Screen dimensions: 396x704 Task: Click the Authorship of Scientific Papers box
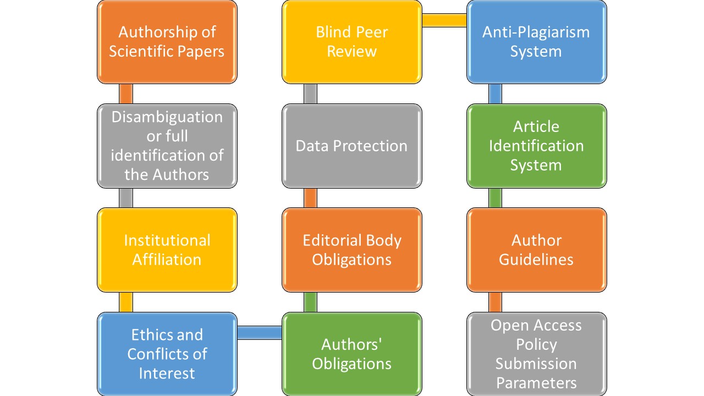(x=167, y=42)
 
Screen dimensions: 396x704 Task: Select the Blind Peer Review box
(x=352, y=42)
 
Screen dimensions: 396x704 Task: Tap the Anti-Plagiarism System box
(x=536, y=42)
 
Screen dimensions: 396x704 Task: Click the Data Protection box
(x=352, y=146)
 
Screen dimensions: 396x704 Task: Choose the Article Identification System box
(x=536, y=146)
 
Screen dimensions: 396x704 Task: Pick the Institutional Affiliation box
(x=167, y=250)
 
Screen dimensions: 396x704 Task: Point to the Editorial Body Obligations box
(x=352, y=250)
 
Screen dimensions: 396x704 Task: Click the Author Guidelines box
(x=536, y=250)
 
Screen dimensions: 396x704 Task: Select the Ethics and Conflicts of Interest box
(x=167, y=354)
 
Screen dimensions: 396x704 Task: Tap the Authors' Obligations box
(x=352, y=354)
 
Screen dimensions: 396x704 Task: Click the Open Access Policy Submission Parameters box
(x=536, y=354)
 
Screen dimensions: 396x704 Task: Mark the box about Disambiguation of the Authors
(x=167, y=146)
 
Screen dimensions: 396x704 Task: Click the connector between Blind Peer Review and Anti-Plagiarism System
(x=444, y=20)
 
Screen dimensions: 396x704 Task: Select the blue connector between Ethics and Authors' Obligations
(x=259, y=332)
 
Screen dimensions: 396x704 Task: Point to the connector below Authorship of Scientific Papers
(x=126, y=94)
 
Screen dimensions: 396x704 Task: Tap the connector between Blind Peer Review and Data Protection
(x=311, y=94)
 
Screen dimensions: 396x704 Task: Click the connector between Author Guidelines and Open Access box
(x=496, y=302)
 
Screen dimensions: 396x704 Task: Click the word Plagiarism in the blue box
(x=556, y=32)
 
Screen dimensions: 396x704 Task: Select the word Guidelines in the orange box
(x=536, y=259)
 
